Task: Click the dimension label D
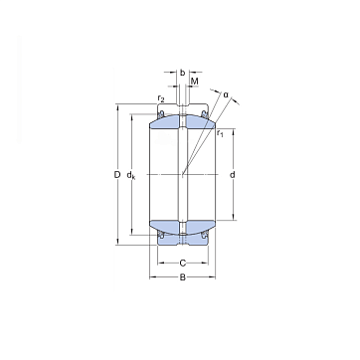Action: click(116, 175)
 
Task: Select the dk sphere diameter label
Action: click(131, 175)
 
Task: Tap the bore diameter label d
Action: click(233, 175)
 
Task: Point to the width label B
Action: click(183, 277)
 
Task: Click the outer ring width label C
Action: click(183, 264)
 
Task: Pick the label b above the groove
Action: click(182, 73)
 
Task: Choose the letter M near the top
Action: click(195, 81)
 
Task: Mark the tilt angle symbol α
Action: click(226, 94)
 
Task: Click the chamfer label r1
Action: click(220, 133)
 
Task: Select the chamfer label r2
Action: click(161, 98)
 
